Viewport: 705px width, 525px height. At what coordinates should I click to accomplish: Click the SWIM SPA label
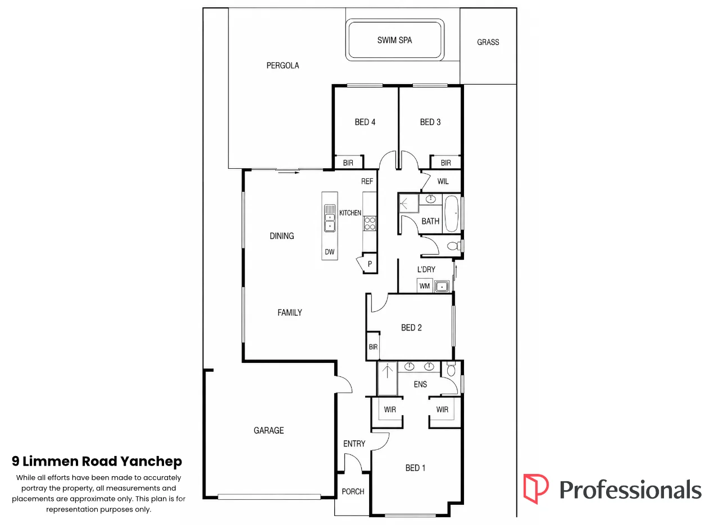point(394,40)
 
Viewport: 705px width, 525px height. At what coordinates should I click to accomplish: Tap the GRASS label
point(488,42)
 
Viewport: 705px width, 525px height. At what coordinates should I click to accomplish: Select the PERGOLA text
point(283,66)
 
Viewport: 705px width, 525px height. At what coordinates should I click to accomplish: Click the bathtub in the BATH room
point(452,213)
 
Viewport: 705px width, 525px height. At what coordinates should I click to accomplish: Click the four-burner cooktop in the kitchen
point(370,223)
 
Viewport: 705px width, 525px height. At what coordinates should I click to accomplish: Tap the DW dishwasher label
point(330,252)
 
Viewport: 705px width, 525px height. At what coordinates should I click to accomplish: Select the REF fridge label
point(367,181)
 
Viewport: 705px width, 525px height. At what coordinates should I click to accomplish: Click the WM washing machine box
point(425,285)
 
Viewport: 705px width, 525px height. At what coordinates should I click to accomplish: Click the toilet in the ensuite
point(451,369)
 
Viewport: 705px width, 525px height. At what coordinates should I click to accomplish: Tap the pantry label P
point(370,264)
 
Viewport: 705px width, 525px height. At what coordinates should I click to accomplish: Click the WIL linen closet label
point(443,181)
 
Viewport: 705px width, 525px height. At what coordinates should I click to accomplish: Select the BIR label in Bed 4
point(348,163)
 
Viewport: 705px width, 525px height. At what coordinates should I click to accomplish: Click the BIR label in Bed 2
point(373,347)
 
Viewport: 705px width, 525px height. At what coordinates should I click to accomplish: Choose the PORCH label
point(353,491)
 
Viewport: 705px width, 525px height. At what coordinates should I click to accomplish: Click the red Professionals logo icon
point(536,489)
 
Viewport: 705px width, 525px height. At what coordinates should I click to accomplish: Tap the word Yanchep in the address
point(151,462)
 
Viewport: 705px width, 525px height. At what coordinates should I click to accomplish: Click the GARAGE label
point(269,430)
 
